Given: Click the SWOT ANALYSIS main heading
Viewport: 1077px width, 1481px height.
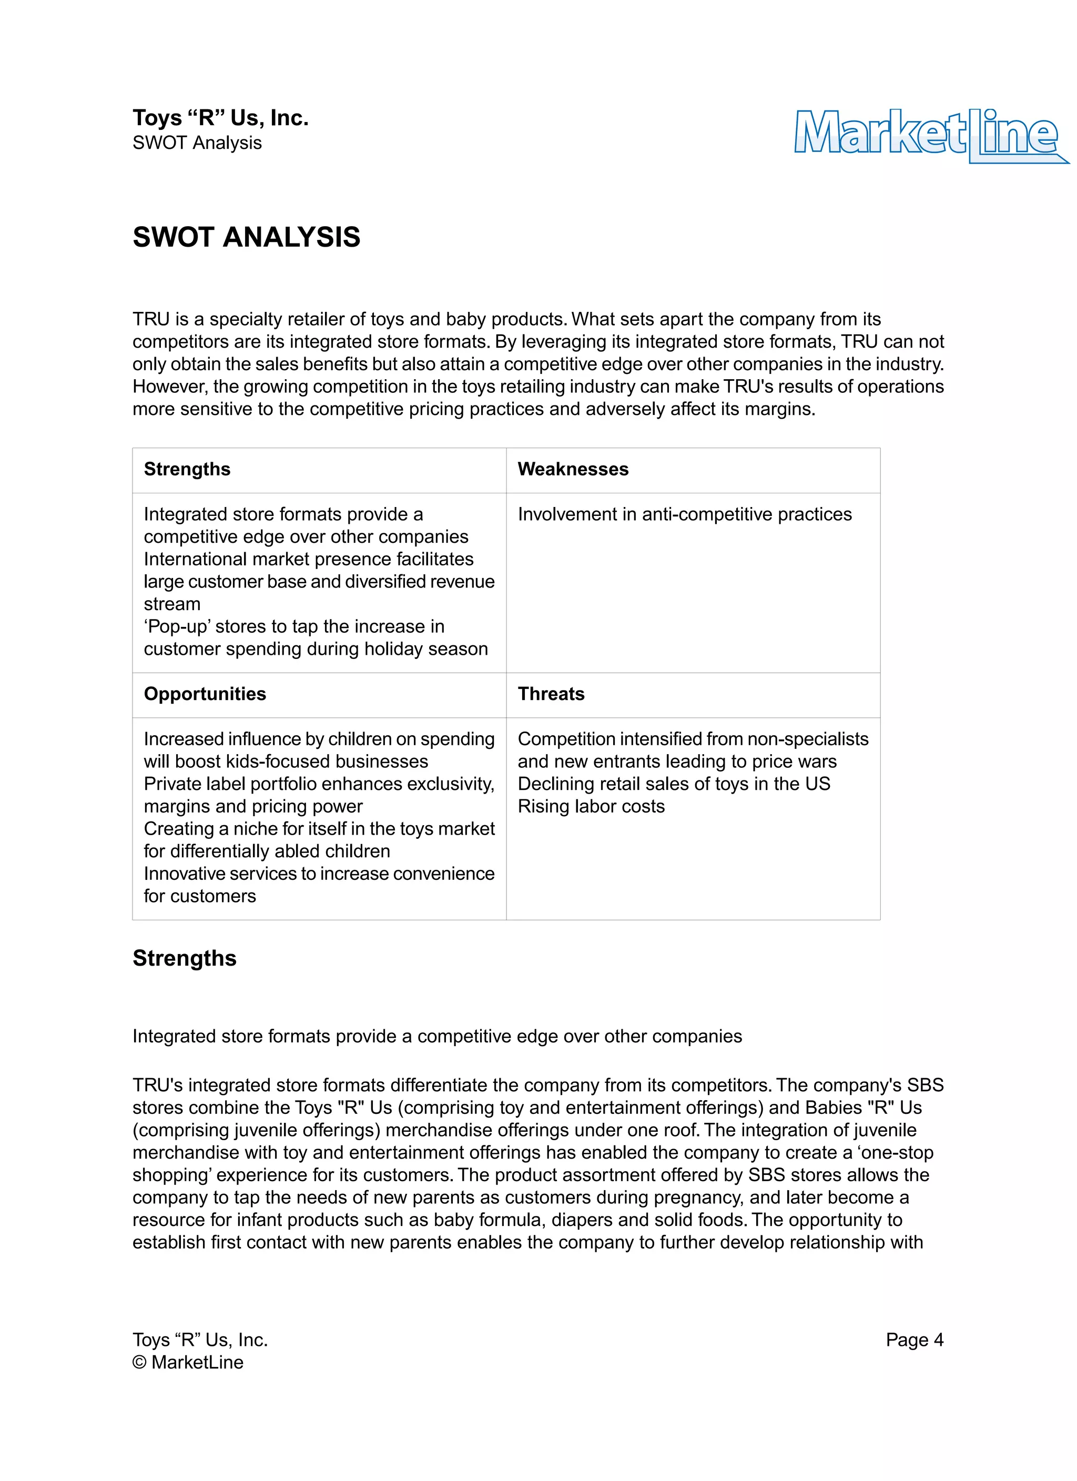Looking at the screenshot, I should [x=246, y=237].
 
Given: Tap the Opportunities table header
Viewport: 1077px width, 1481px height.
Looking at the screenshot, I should [x=205, y=694].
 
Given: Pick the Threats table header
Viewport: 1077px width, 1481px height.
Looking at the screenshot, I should [x=551, y=694].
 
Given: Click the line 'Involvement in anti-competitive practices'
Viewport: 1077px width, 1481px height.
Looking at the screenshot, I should [x=685, y=514].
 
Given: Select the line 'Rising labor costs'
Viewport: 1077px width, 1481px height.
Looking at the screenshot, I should [x=591, y=806].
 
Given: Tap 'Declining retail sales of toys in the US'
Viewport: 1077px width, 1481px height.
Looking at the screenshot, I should [x=673, y=784].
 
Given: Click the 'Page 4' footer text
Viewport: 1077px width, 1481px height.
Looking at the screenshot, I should [x=915, y=1340].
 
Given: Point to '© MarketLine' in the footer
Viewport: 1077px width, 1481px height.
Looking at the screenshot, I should [x=188, y=1362].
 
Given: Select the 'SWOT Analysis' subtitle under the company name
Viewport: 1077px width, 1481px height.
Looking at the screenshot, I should [x=197, y=143].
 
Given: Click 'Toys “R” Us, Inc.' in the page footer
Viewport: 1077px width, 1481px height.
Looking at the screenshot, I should [x=200, y=1340].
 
